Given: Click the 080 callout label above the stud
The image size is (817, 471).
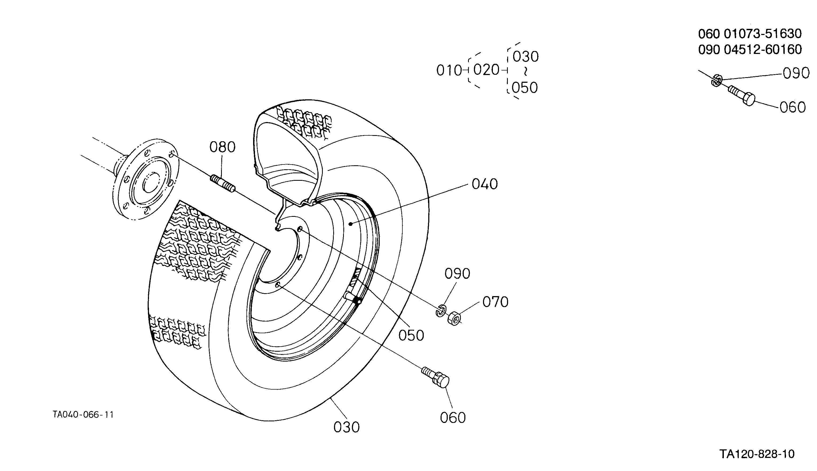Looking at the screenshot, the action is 222,147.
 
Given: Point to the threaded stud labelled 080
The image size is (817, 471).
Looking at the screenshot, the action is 223,183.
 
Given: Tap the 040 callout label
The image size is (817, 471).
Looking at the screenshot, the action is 485,184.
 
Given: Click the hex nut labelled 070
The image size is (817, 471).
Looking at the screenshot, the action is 454,318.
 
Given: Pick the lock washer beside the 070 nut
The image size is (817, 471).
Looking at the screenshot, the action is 441,311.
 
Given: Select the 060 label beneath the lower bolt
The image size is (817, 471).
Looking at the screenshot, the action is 453,418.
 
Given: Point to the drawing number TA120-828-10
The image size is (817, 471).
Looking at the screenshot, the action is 757,454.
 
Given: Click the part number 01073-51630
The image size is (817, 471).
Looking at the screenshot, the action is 763,34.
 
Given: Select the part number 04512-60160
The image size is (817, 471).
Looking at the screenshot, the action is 763,49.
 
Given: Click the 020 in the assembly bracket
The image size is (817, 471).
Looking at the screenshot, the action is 486,70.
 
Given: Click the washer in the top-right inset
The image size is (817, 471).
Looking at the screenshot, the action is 717,80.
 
